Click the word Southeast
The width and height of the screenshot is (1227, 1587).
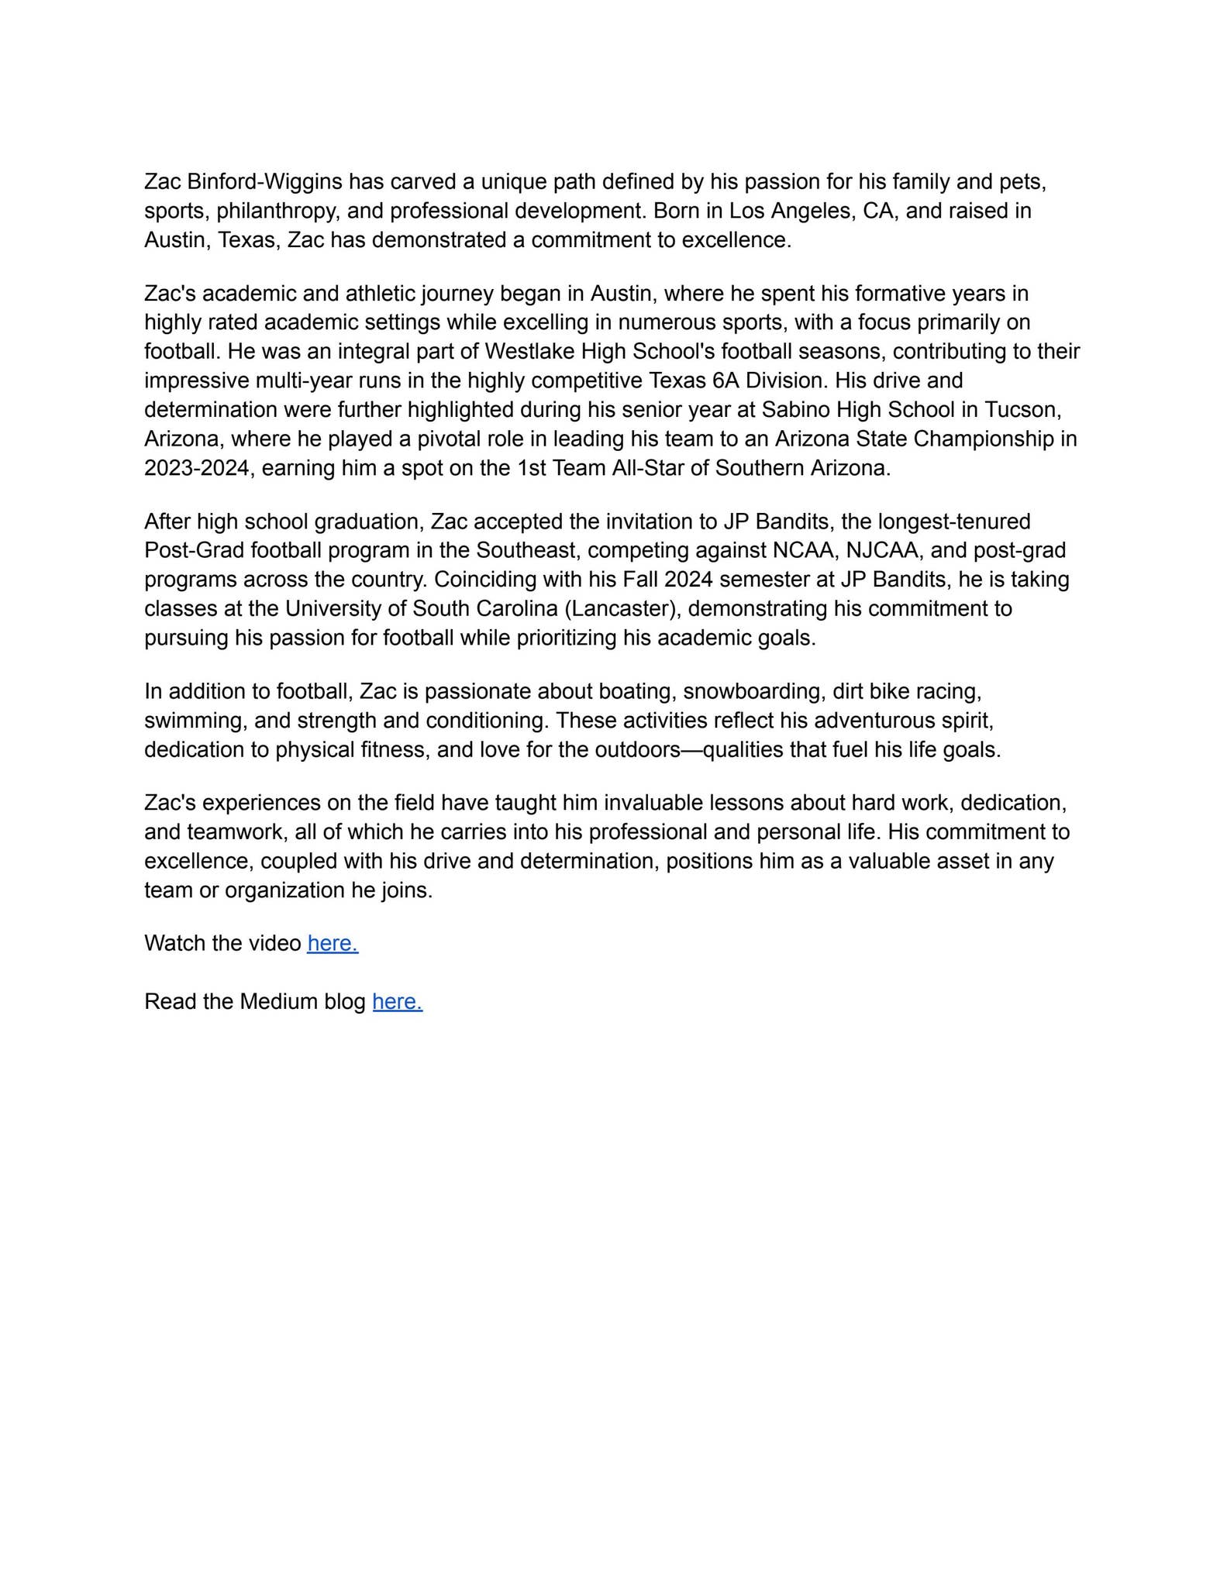(x=525, y=550)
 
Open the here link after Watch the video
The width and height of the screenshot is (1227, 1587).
(x=333, y=943)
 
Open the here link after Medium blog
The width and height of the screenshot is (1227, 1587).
(x=397, y=1002)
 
